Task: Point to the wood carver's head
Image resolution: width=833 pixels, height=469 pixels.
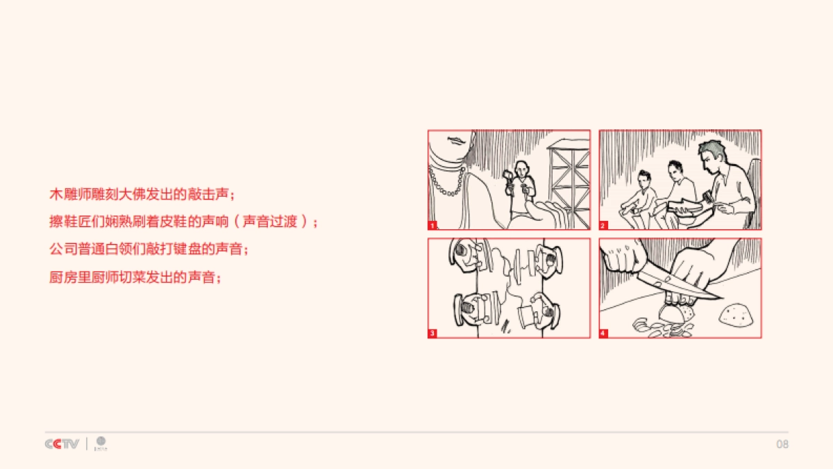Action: click(522, 169)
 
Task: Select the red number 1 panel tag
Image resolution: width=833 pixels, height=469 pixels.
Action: click(432, 225)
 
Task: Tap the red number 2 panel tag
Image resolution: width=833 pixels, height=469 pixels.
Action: click(603, 225)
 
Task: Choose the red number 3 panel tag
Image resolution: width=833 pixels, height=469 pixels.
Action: click(432, 334)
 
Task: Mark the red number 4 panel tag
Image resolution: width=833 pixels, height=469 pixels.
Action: click(603, 334)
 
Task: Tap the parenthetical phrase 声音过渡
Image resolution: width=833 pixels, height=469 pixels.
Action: click(270, 222)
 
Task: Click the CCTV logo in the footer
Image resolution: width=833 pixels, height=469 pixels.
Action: click(62, 444)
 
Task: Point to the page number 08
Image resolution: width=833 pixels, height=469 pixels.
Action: click(782, 444)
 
